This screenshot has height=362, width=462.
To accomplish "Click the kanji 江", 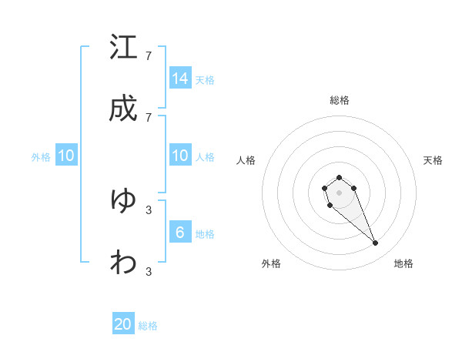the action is [123, 47].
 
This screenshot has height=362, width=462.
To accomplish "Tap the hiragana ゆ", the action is [123, 200].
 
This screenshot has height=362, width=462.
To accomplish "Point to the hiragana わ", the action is [123, 263].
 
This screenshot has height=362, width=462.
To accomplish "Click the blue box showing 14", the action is [180, 78].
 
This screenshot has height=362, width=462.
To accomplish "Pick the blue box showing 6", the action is [180, 233].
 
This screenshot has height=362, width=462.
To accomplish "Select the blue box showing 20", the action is [123, 324].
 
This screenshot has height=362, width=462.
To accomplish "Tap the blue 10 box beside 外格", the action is [66, 156].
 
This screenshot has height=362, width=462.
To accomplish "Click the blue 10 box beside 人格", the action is [180, 156].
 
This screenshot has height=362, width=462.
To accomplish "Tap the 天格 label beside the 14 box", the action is [205, 79].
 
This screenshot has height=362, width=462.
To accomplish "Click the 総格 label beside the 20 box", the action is [148, 326].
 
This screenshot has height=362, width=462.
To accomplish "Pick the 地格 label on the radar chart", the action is [403, 263].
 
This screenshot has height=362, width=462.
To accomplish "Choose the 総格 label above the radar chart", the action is [340, 100].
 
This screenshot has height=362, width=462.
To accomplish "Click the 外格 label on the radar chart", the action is [271, 263].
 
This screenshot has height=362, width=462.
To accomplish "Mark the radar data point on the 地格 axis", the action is [375, 243].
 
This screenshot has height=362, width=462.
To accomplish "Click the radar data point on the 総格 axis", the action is [339, 178].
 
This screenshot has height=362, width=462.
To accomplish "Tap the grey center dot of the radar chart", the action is [339, 192].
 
